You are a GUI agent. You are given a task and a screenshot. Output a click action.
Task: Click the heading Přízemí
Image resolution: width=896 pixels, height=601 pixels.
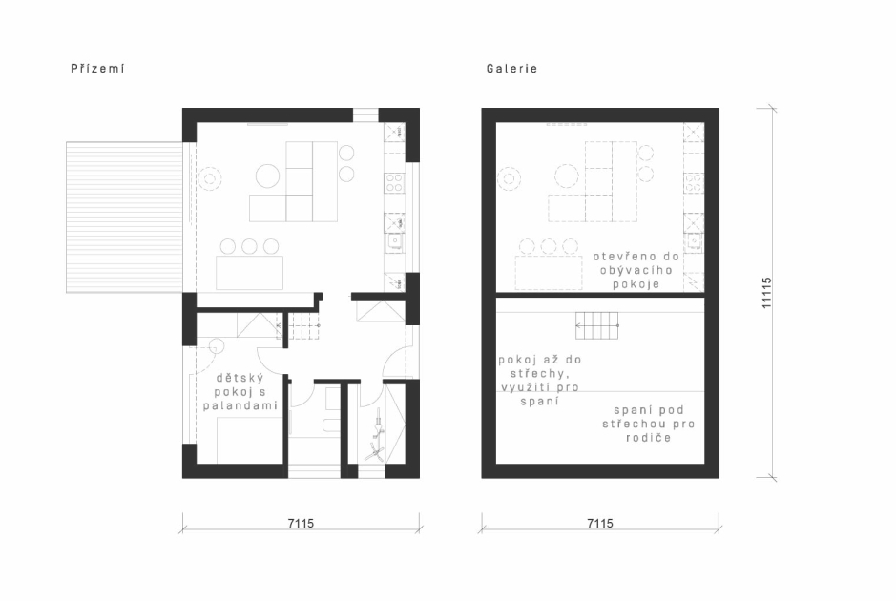tap(97, 69)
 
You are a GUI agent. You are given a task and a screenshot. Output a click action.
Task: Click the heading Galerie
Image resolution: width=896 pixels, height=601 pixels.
tap(512, 69)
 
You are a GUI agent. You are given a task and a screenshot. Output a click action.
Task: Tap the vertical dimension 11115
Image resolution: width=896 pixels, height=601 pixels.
tap(767, 293)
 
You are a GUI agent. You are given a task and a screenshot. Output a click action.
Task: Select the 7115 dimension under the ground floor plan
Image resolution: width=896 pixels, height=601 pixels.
tap(301, 523)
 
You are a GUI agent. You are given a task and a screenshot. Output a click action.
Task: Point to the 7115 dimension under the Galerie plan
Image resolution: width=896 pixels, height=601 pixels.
tap(600, 523)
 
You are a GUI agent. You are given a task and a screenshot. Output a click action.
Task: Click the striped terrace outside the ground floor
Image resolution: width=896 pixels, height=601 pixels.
tap(125, 218)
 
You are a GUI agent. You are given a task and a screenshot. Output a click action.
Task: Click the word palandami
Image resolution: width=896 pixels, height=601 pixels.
tap(240, 405)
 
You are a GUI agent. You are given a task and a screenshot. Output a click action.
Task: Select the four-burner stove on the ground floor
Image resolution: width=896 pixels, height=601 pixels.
tap(394, 183)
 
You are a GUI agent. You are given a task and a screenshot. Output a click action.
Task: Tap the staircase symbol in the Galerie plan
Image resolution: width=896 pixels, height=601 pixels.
tap(597, 325)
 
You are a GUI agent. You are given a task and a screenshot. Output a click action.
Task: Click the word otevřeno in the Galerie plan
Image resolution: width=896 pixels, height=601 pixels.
tap(620, 257)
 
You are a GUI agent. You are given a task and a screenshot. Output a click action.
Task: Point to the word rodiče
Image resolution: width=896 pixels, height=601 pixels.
tap(649, 438)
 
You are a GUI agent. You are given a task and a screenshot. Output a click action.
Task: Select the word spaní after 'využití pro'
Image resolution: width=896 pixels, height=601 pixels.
tap(540, 401)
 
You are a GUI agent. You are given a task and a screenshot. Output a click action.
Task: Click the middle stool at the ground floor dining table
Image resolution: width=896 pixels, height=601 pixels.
tap(249, 246)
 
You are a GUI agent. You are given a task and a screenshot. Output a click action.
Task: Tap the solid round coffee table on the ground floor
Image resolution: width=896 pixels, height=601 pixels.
tap(267, 176)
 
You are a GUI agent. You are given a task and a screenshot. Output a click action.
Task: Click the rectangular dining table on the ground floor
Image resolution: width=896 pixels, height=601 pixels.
tap(250, 273)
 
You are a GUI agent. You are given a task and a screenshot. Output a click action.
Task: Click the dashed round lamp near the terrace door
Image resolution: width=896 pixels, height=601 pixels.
tap(210, 179)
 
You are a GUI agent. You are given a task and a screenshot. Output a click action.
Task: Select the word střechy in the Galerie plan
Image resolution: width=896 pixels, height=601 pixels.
tap(539, 374)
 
